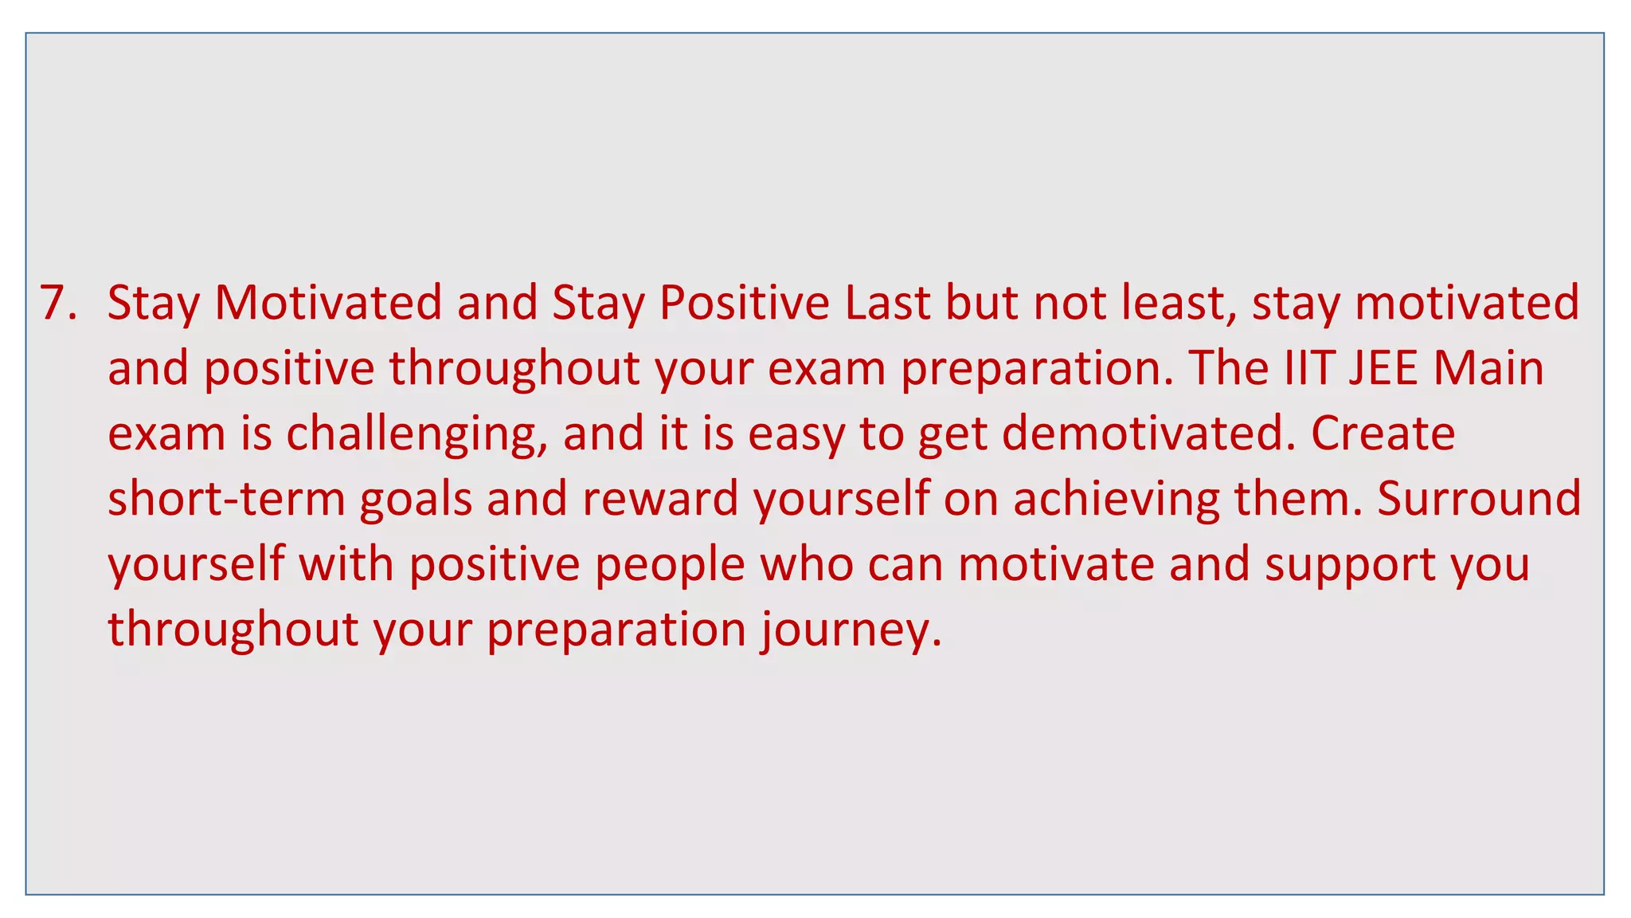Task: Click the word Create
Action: click(1383, 434)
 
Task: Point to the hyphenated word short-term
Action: click(226, 500)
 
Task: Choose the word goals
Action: click(416, 500)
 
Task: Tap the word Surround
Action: click(1479, 500)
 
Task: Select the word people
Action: click(670, 565)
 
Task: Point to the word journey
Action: click(849, 630)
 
